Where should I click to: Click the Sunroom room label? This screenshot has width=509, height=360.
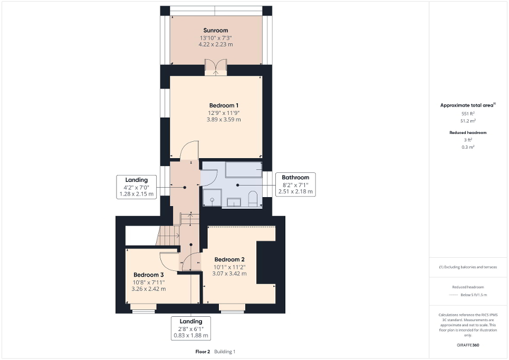pyautogui.click(x=216, y=30)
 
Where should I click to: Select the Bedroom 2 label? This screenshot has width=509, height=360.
pyautogui.click(x=229, y=259)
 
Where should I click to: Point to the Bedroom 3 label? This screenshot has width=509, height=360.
pyautogui.click(x=148, y=275)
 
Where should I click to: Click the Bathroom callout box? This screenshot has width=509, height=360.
pyautogui.click(x=295, y=184)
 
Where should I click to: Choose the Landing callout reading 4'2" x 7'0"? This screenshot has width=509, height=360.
pyautogui.click(x=136, y=187)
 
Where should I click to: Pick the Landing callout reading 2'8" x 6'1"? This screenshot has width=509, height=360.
pyautogui.click(x=190, y=328)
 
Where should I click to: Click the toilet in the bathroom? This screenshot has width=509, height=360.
pyautogui.click(x=252, y=199)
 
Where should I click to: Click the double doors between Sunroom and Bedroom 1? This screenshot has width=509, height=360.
pyautogui.click(x=216, y=67)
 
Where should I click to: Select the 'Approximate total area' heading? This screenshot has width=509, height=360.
pyautogui.click(x=467, y=105)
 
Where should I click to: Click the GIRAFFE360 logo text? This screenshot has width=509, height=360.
pyautogui.click(x=468, y=345)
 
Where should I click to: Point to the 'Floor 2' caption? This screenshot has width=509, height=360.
pyautogui.click(x=203, y=351)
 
